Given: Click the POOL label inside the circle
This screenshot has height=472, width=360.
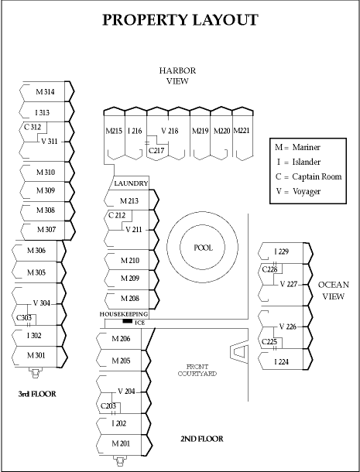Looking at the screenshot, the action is pyautogui.click(x=204, y=248).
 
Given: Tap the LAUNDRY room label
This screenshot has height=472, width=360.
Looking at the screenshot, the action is pyautogui.click(x=131, y=183).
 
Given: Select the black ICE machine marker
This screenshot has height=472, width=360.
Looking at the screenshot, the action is pyautogui.click(x=128, y=321).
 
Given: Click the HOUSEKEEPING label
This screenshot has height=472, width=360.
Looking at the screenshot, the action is pyautogui.click(x=124, y=314).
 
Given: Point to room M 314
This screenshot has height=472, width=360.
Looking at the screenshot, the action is pyautogui.click(x=45, y=92).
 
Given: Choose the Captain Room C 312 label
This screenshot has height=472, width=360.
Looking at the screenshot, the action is pyautogui.click(x=33, y=127).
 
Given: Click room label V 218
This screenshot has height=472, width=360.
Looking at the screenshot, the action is pyautogui.click(x=170, y=131).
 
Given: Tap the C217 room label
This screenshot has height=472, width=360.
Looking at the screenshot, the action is pyautogui.click(x=156, y=150).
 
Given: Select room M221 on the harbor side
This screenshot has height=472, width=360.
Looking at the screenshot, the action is pyautogui.click(x=242, y=131).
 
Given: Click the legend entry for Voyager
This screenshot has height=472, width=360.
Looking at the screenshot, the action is pyautogui.click(x=298, y=191).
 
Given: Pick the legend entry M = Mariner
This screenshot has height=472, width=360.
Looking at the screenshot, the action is pyautogui.click(x=297, y=147).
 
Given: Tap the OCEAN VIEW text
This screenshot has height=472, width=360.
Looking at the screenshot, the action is pyautogui.click(x=334, y=290).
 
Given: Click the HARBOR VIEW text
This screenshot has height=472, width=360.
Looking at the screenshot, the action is pyautogui.click(x=177, y=76).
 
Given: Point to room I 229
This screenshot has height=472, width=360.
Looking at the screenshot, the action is pyautogui.click(x=281, y=251).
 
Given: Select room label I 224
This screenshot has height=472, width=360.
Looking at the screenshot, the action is pyautogui.click(x=281, y=362).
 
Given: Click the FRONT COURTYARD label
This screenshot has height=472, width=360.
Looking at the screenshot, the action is pyautogui.click(x=197, y=371).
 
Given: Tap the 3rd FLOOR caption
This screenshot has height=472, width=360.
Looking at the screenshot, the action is pyautogui.click(x=37, y=394).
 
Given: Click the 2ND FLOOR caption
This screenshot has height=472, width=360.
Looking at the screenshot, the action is pyautogui.click(x=202, y=439).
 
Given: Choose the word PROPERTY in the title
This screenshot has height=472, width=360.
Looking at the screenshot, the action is pyautogui.click(x=146, y=20).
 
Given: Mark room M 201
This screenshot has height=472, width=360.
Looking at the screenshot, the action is pyautogui.click(x=121, y=443).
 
